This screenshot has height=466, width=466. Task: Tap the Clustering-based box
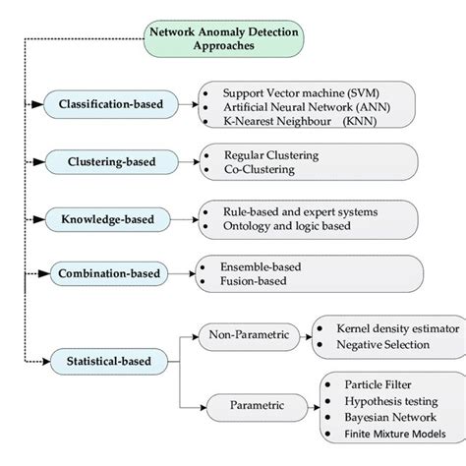[x=109, y=161]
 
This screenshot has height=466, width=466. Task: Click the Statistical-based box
[x=109, y=362]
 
